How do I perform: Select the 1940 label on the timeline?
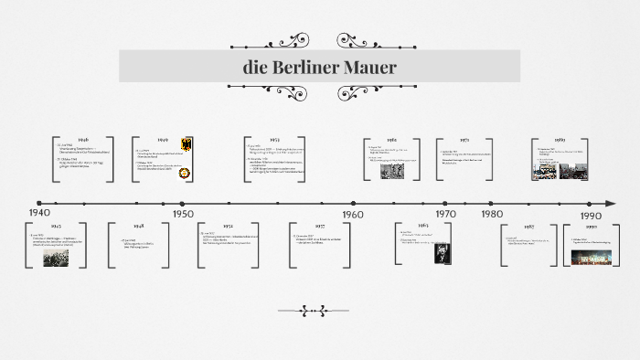coord(38,213)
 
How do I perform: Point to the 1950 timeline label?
coord(182,213)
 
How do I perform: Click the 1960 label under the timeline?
coord(352,213)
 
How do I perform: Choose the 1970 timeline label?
coord(445,213)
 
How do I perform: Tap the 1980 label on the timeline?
coord(492,213)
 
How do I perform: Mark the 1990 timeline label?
coord(590,213)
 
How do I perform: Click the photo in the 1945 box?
coord(56,259)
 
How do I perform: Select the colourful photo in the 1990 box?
coord(592,258)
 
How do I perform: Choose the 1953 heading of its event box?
coord(275,140)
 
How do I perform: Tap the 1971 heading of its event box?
coord(464,140)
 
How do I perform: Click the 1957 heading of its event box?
coord(320,225)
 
